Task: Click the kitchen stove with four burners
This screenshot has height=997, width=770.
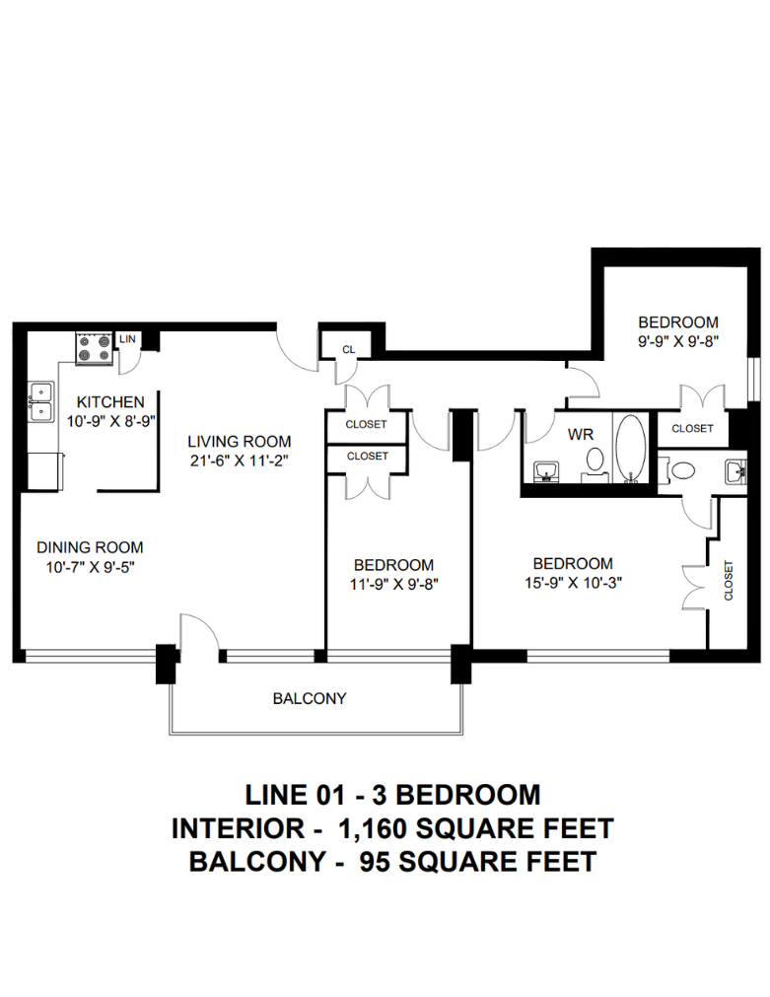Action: (94, 348)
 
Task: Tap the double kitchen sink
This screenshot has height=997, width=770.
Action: (41, 401)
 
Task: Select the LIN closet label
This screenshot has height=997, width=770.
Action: (127, 339)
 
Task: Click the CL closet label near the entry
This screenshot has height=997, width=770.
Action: (348, 349)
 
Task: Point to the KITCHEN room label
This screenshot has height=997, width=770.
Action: (110, 401)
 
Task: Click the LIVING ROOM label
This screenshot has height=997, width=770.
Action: (239, 441)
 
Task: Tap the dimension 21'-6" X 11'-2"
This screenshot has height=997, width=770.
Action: (239, 461)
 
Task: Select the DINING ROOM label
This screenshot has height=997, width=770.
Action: (90, 547)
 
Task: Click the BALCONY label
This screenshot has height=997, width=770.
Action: (310, 698)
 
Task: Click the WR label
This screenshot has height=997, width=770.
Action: (581, 434)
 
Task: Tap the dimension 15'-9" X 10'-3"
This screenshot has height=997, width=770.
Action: (573, 583)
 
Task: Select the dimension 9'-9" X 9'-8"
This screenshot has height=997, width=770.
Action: (678, 341)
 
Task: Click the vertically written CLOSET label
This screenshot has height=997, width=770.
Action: (729, 580)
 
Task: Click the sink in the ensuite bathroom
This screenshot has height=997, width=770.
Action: (736, 471)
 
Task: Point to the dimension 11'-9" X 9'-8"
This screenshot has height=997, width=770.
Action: (394, 584)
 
